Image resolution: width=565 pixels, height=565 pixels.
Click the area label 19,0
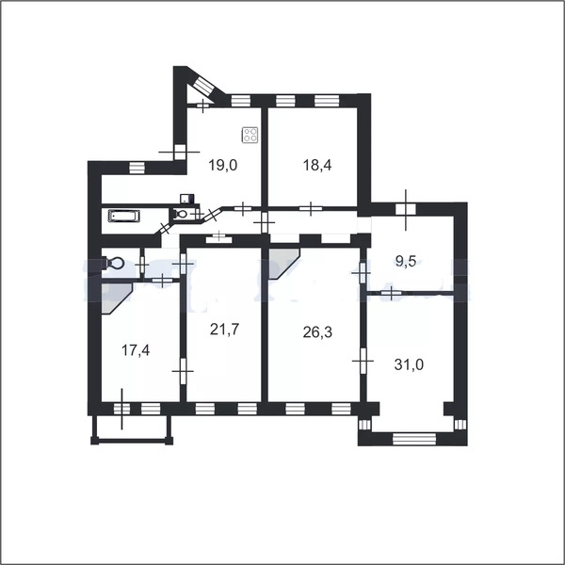[x=223, y=166]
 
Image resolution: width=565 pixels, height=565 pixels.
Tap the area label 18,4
[x=317, y=166]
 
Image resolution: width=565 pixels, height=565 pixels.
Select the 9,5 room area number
[x=405, y=261]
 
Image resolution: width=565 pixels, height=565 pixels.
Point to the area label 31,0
[x=409, y=364]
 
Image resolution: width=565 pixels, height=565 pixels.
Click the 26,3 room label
[x=317, y=332]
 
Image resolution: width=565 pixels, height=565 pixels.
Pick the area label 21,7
[x=224, y=329]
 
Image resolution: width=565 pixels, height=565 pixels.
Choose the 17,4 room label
[x=136, y=350]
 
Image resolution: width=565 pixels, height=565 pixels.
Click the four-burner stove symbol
[x=250, y=136]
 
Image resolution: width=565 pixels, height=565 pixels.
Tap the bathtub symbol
[x=124, y=217]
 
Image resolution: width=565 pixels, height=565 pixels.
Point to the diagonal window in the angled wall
[x=204, y=86]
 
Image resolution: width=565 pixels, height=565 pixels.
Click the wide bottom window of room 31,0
[x=414, y=439]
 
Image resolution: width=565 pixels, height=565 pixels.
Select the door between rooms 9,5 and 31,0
[x=392, y=292]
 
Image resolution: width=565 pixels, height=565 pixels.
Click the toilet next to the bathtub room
[x=181, y=214]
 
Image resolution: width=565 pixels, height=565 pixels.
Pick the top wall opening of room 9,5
[x=406, y=209]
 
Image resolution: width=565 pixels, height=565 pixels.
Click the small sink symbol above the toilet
[x=187, y=199]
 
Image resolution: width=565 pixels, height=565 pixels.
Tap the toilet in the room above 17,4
[x=113, y=263]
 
